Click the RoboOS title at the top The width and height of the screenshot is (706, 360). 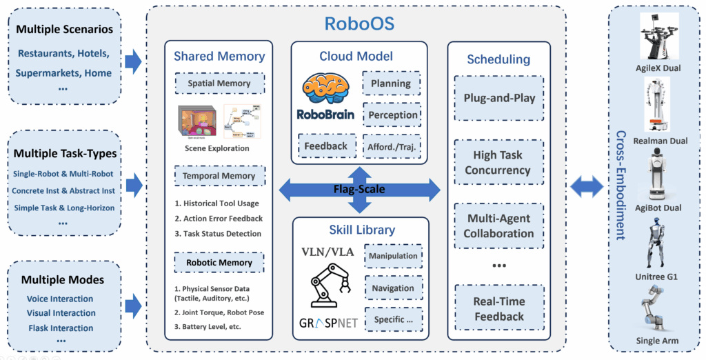click(x=359, y=24)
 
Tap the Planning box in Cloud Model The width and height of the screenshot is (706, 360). click(x=391, y=83)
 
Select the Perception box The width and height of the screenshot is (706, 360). click(x=391, y=114)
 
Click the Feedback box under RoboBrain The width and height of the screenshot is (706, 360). click(x=326, y=146)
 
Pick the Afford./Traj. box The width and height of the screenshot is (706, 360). click(x=391, y=146)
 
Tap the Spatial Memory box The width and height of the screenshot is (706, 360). click(x=219, y=84)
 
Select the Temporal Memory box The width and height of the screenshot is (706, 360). click(x=219, y=176)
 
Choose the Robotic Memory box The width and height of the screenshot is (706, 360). click(x=219, y=263)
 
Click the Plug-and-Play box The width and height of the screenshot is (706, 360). click(x=499, y=98)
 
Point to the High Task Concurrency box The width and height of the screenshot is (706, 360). click(x=499, y=163)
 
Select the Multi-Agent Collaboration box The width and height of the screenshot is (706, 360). click(x=499, y=226)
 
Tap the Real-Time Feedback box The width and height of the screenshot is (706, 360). click(x=499, y=309)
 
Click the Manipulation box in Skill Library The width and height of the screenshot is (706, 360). click(x=393, y=256)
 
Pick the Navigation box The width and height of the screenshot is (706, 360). click(x=393, y=288)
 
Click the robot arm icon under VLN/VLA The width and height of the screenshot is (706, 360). click(x=327, y=286)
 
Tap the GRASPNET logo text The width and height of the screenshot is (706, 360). click(x=327, y=321)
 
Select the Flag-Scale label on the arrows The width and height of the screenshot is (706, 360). click(x=360, y=189)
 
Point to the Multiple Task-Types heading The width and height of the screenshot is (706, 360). click(x=66, y=153)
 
